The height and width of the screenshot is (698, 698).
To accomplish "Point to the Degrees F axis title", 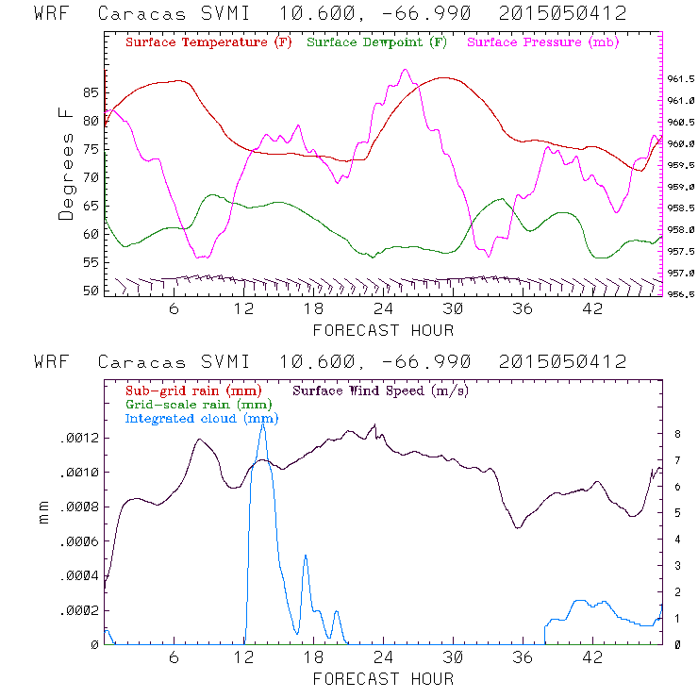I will click(66, 163).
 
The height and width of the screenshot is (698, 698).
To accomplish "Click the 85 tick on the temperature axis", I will click(91, 92).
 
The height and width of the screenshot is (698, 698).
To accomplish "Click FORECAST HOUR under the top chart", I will click(383, 330).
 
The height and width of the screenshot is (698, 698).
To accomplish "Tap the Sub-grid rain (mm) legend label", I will click(192, 389).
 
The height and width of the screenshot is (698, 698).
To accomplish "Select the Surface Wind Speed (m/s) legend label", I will click(381, 389).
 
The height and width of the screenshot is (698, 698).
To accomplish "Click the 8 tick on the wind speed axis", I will click(677, 434).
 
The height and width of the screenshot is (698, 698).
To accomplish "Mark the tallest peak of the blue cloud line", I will click(263, 425).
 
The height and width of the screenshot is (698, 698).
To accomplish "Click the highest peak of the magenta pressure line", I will click(405, 70).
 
